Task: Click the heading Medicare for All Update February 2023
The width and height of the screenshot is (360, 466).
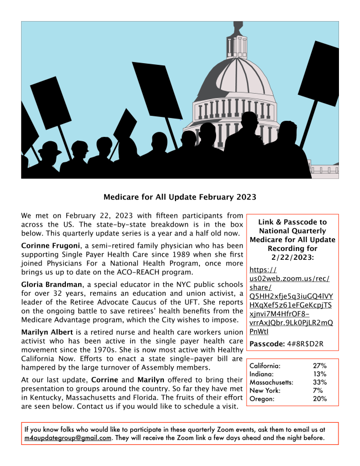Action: pos(180,197)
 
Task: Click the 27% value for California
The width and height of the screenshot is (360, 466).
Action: pos(320,366)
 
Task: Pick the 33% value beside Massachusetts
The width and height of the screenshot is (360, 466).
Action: pos(320,382)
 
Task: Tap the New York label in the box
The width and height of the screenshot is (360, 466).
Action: pos(265,391)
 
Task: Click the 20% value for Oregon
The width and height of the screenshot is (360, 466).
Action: pos(320,399)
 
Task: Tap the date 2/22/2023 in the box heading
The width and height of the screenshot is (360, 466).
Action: pos(292,257)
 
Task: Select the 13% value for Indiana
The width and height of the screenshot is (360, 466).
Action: pos(320,375)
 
